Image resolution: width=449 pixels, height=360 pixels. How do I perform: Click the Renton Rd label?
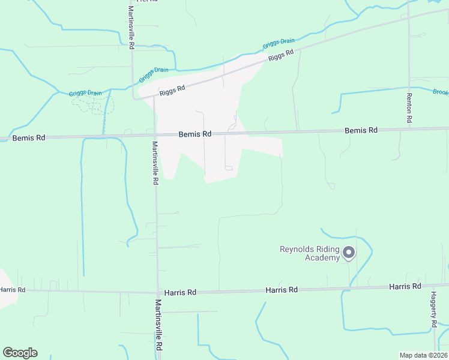(x=409, y=108)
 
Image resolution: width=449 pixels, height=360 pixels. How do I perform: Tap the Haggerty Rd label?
(x=433, y=309)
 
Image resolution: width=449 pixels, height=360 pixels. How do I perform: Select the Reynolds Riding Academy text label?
(x=310, y=253)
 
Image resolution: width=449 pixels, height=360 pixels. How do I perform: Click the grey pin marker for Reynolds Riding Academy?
(x=349, y=253)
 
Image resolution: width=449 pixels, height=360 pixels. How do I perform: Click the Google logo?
(x=20, y=353)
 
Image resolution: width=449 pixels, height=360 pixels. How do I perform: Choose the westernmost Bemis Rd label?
(x=29, y=137)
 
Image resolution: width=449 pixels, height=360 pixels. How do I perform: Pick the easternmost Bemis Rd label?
(x=361, y=130)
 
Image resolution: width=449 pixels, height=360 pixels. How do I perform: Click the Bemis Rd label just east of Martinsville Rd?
(x=195, y=134)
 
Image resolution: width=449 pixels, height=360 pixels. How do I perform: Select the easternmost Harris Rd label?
(x=405, y=286)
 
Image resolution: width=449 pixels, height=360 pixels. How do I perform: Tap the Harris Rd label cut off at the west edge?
(x=12, y=290)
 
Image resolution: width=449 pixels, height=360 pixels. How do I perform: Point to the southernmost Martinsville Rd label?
(x=159, y=325)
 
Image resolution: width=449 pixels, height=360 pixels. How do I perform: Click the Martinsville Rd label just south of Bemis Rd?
(x=155, y=163)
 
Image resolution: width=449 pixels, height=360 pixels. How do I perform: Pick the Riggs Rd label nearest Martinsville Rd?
(x=173, y=90)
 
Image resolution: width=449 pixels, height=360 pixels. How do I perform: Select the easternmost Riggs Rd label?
(x=281, y=56)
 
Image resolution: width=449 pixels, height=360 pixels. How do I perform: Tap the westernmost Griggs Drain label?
(x=85, y=93)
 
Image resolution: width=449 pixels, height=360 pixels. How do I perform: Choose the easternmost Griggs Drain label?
(x=279, y=44)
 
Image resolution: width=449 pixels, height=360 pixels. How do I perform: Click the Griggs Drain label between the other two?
(x=154, y=74)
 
